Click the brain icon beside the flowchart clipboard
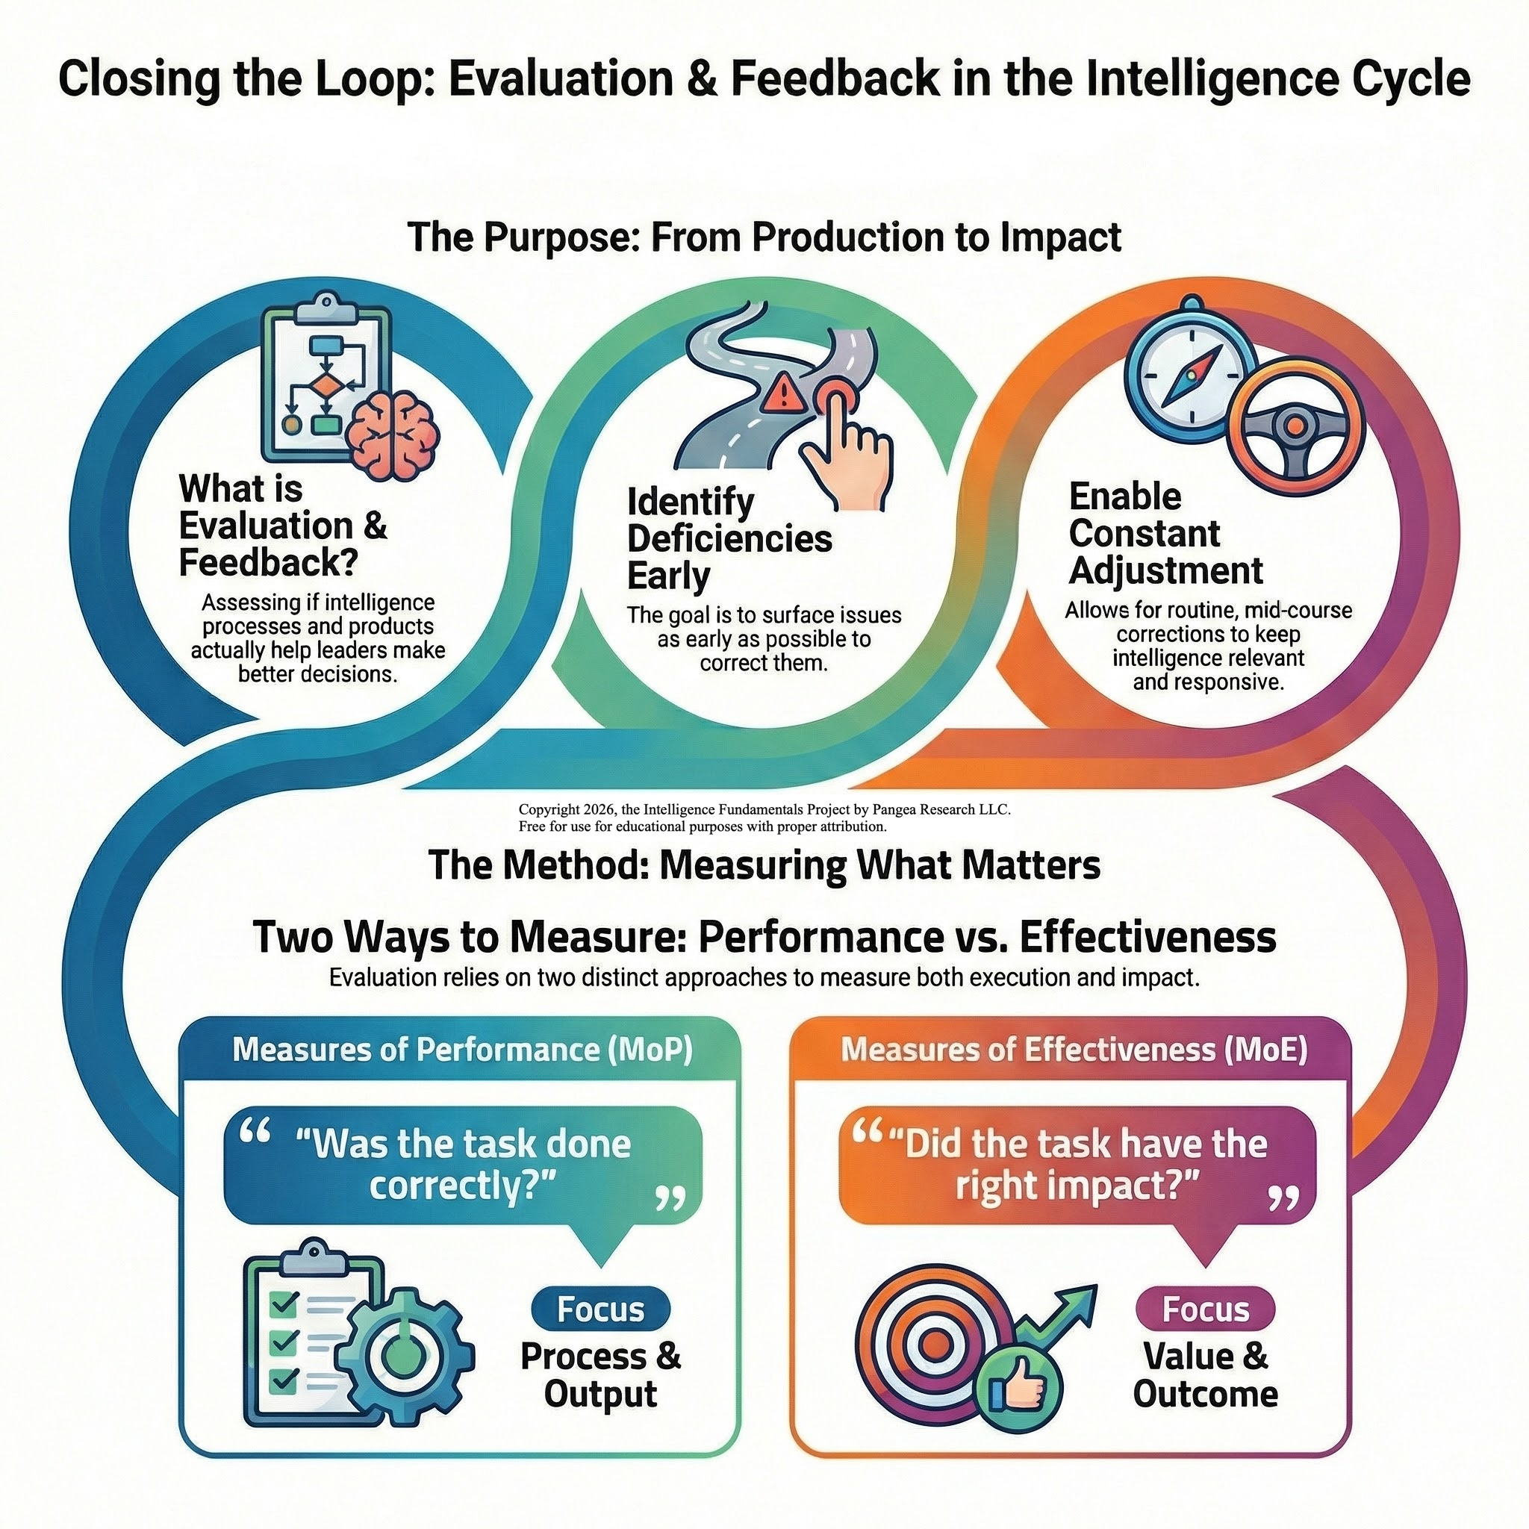395,435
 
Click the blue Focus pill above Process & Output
601,1310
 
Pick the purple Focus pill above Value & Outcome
1205,1310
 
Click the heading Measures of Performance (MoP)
462,1050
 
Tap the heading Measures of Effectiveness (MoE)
1074,1050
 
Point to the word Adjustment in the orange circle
1165,570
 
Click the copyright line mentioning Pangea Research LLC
764,809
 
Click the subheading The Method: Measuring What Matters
764,865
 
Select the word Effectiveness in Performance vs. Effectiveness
1147,938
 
